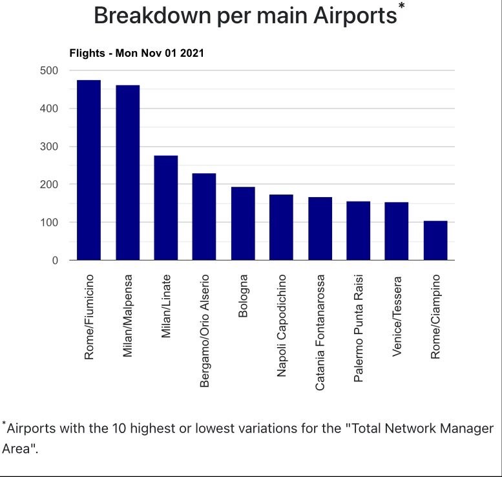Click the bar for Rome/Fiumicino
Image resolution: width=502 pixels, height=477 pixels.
click(89, 170)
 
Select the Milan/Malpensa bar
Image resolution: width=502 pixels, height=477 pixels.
click(127, 173)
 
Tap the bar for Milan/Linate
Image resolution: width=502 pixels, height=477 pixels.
click(166, 207)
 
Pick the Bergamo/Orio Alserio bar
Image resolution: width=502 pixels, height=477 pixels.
click(204, 217)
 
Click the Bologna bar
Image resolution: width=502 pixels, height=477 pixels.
click(243, 224)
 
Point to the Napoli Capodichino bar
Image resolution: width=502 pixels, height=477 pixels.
click(281, 228)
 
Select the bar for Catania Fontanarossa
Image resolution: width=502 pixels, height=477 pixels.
click(320, 229)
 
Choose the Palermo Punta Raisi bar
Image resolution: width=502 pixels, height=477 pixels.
click(358, 231)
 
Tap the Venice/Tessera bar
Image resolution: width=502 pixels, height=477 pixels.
click(397, 231)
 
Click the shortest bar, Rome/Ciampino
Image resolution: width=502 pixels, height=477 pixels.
click(435, 240)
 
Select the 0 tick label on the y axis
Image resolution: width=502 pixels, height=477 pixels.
click(55, 260)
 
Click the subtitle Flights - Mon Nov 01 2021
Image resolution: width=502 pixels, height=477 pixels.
click(136, 53)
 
